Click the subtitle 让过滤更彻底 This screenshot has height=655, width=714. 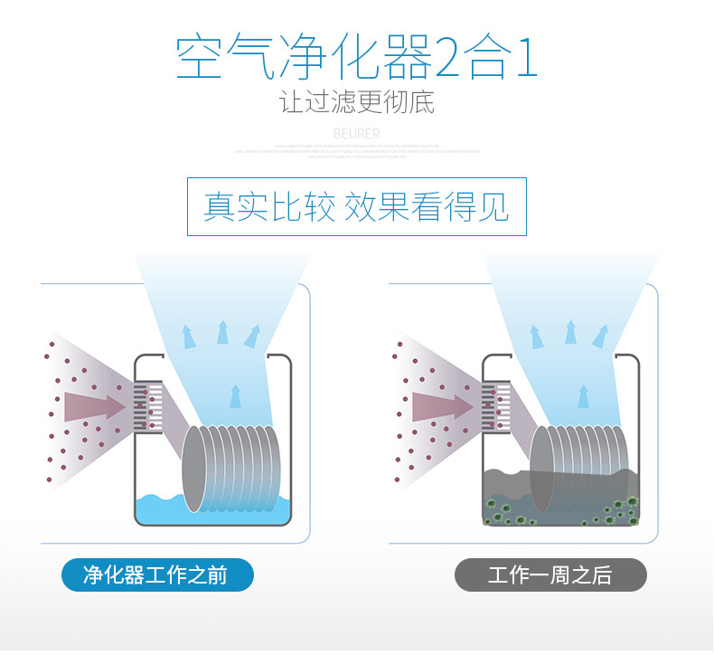(x=357, y=101)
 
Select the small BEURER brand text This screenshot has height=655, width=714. (x=357, y=133)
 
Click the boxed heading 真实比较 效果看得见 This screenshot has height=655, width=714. (x=356, y=206)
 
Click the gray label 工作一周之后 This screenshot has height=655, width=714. (x=550, y=575)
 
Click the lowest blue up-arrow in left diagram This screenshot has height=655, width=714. (x=236, y=395)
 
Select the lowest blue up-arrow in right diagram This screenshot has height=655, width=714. (x=583, y=395)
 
